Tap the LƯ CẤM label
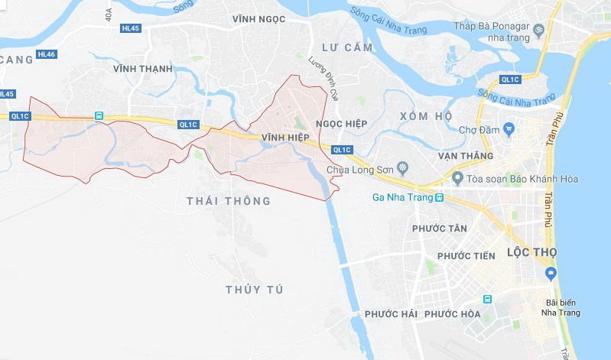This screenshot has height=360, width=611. [x=346, y=47]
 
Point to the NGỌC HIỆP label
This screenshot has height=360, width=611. [x=341, y=124]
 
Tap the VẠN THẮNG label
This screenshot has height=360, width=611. [x=466, y=155]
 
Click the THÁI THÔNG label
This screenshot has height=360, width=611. [x=229, y=201]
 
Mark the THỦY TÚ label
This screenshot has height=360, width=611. [x=254, y=289]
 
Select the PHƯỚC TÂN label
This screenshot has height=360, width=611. [x=439, y=229]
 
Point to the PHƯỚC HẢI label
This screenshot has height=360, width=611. [x=390, y=314]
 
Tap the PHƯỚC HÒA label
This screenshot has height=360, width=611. [x=452, y=314]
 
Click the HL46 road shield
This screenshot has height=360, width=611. [x=46, y=54]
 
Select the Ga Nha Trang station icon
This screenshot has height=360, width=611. [x=440, y=198]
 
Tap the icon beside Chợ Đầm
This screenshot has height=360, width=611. [x=508, y=130]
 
